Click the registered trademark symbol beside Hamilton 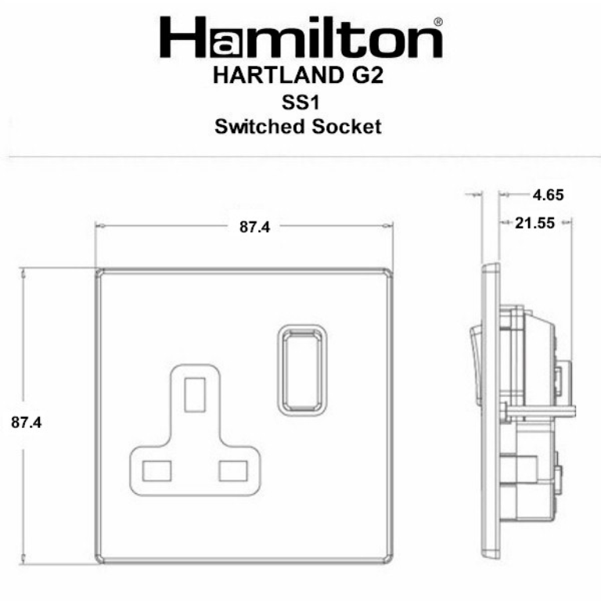[x=438, y=21]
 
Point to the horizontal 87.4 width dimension [x=254, y=228]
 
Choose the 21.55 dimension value [x=535, y=223]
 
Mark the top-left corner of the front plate [x=98, y=271]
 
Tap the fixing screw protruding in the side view [x=540, y=410]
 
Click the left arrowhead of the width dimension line [x=98, y=227]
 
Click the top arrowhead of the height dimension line [x=23, y=272]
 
